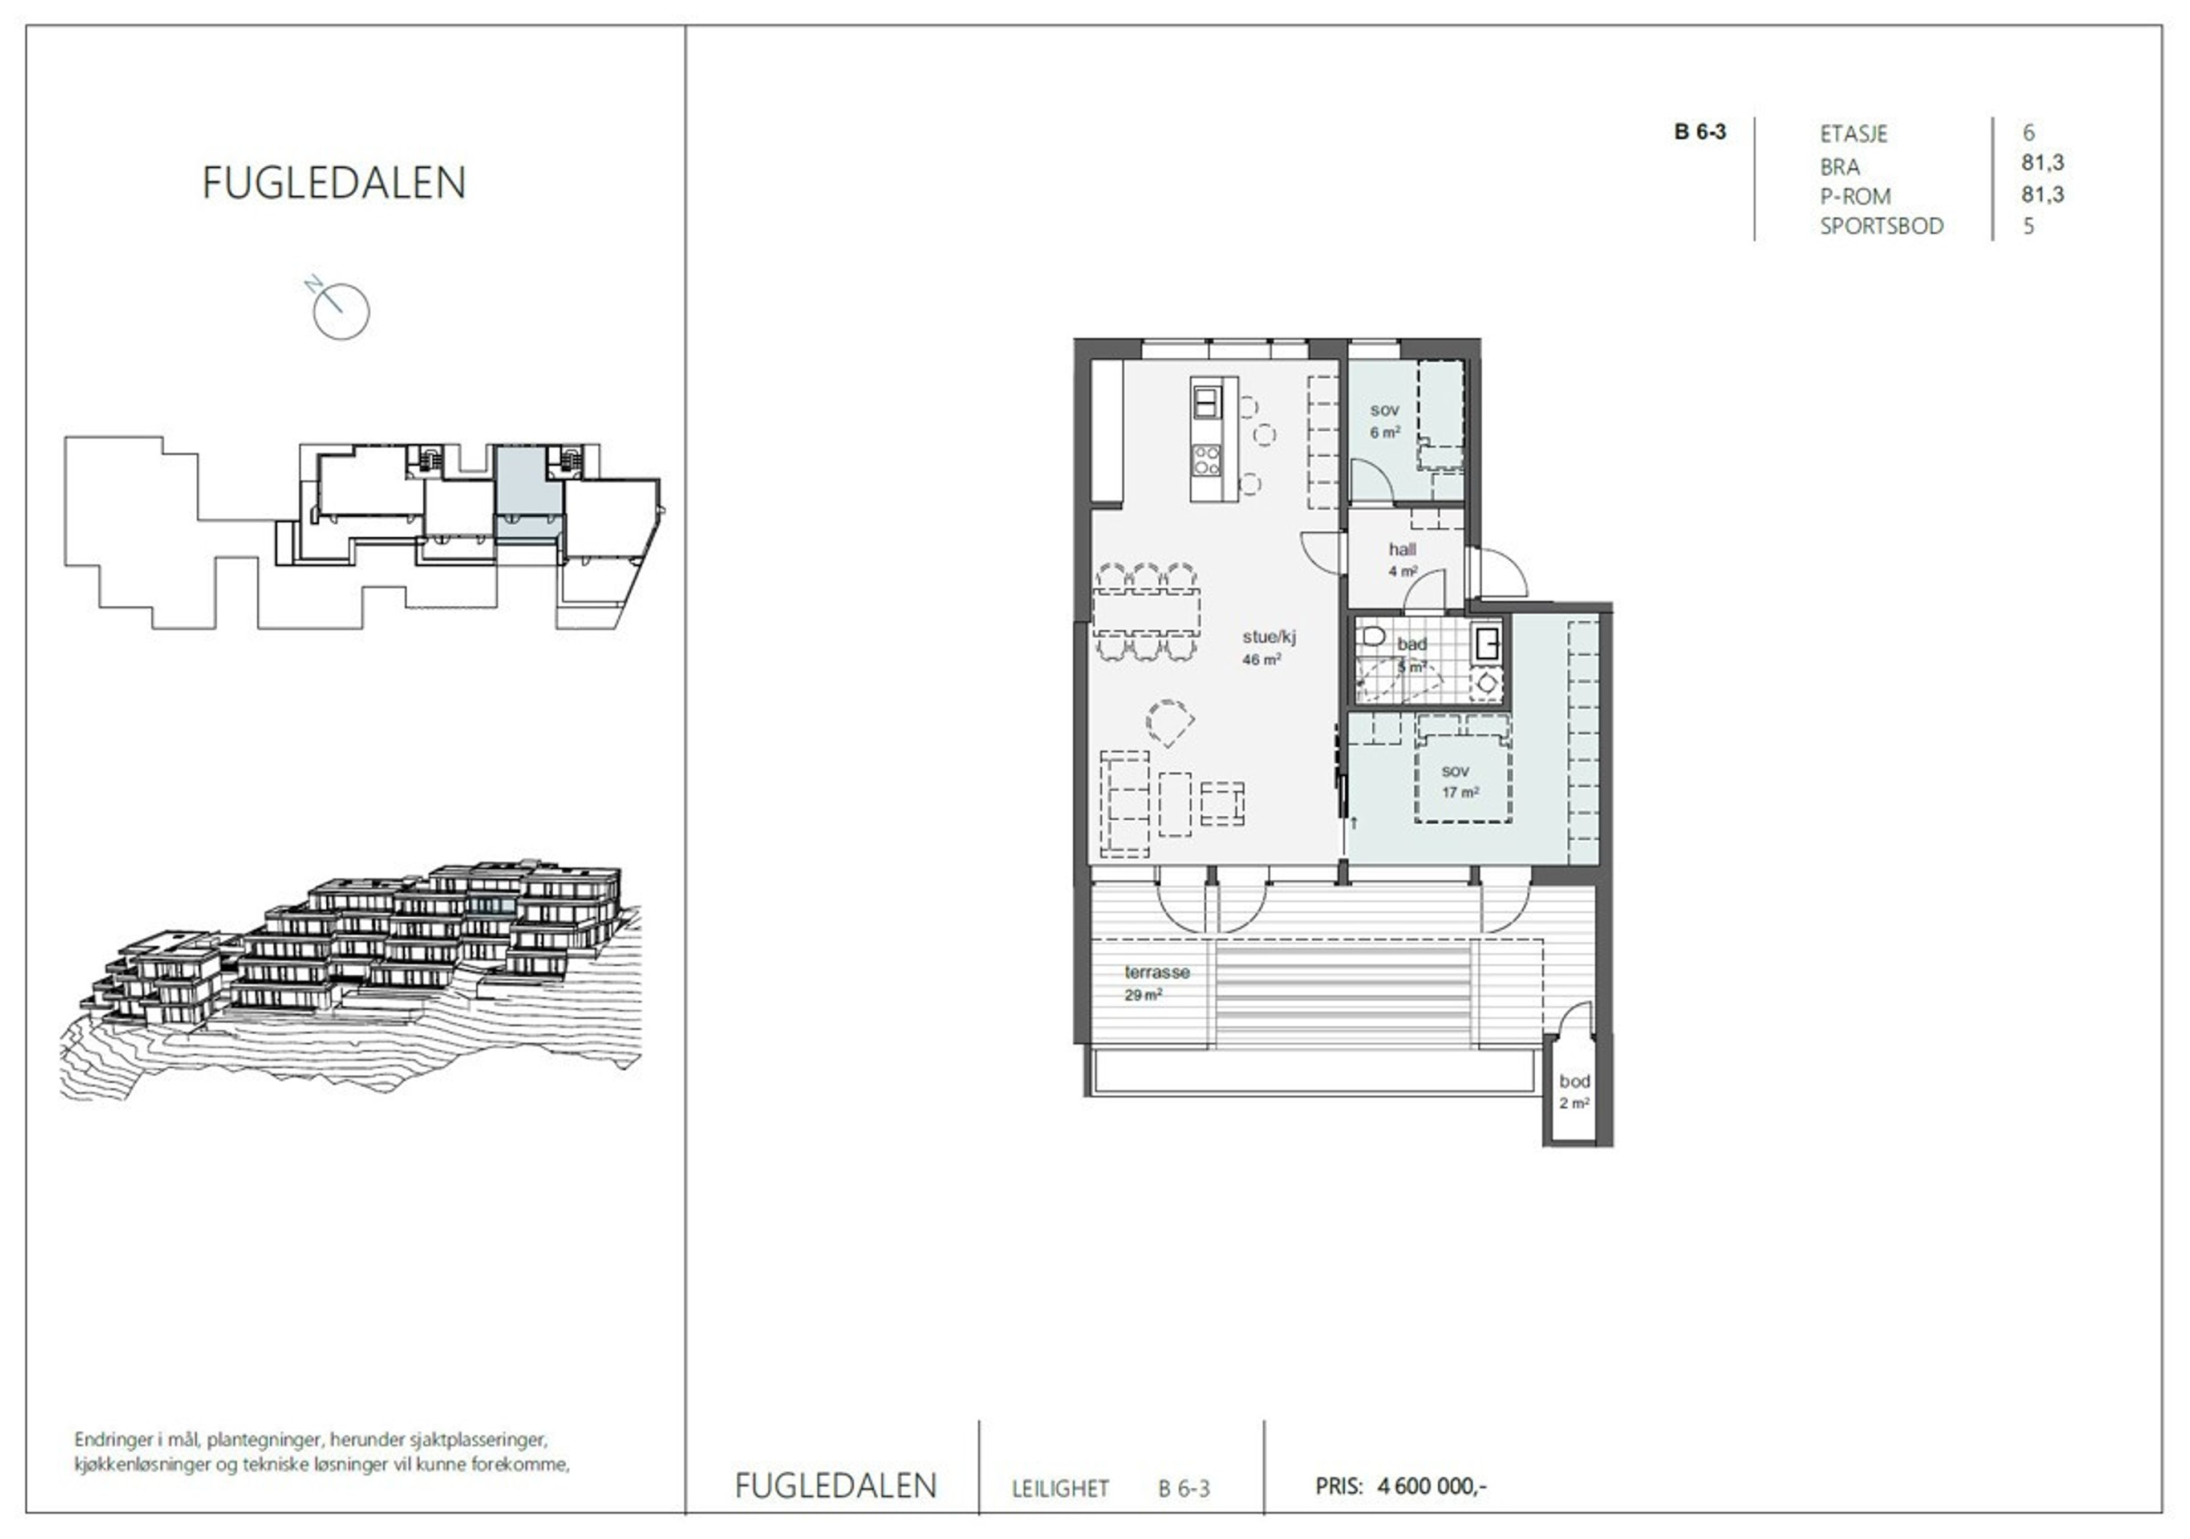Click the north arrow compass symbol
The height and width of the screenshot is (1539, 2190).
340,310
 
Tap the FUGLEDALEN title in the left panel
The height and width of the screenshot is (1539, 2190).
334,183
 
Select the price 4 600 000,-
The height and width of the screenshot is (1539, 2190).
1431,1485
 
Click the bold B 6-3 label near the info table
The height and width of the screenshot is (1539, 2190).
1700,132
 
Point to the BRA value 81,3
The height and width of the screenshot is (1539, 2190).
2042,163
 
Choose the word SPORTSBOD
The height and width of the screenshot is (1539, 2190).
1881,226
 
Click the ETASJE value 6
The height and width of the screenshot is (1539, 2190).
2029,132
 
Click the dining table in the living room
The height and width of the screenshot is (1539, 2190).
1146,611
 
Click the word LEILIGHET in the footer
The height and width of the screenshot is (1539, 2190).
1060,1488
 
